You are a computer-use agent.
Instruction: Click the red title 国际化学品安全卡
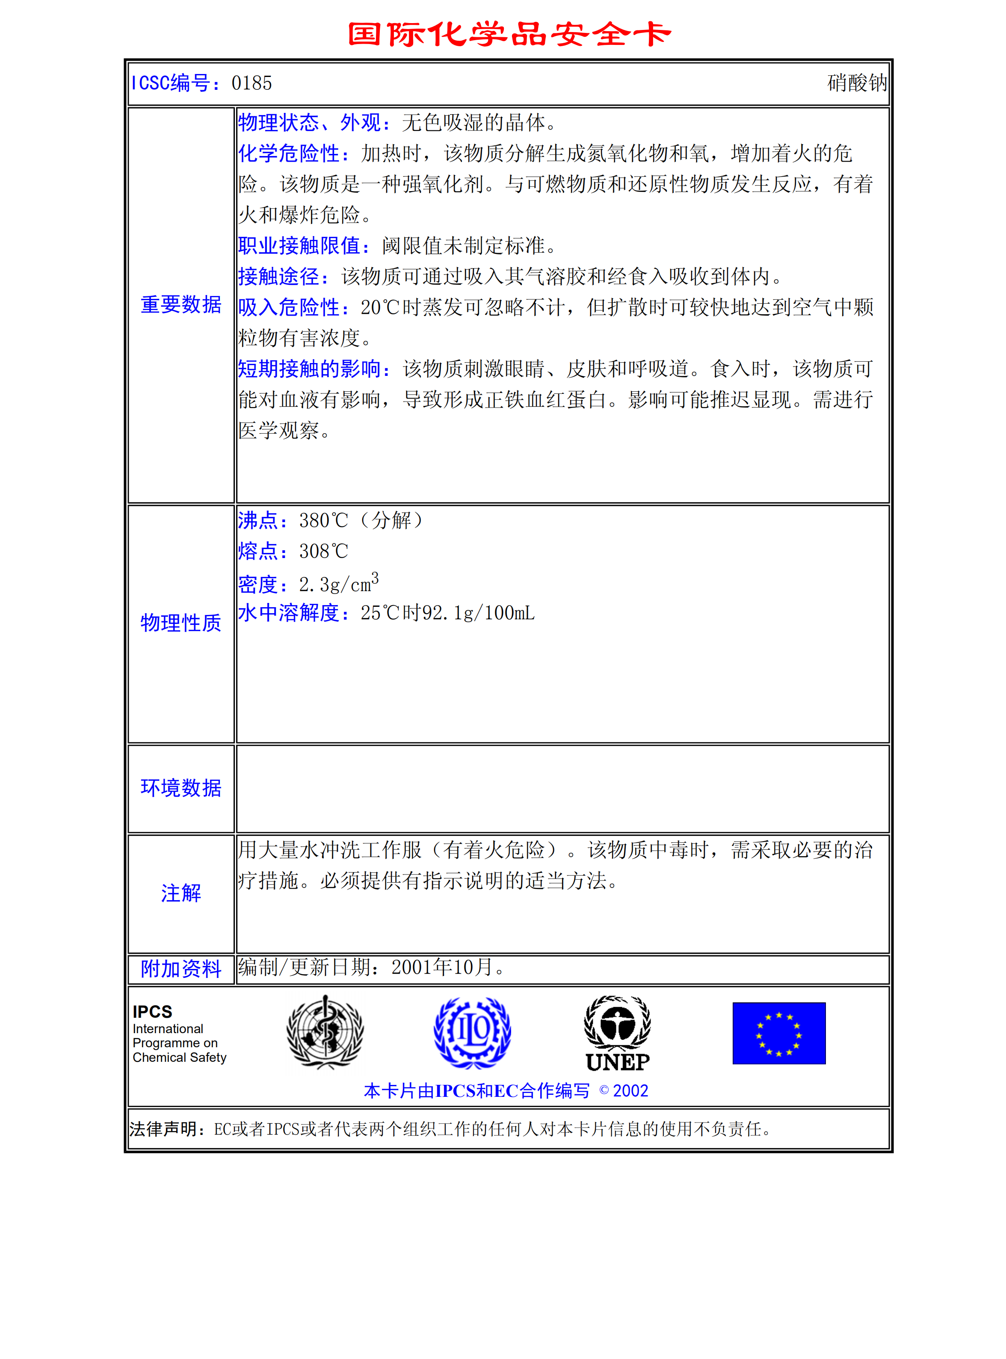509,34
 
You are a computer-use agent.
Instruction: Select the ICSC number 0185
251,83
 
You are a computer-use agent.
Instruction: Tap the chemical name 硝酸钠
856,83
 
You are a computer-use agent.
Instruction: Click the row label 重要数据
181,304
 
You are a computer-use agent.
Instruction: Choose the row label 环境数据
181,788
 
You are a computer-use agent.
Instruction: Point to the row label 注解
181,893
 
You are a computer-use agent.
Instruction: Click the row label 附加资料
181,969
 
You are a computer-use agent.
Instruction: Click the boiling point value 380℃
323,520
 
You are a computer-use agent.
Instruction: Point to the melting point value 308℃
323,552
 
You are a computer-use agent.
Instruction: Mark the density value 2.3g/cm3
339,583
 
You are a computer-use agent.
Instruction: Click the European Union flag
779,1033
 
